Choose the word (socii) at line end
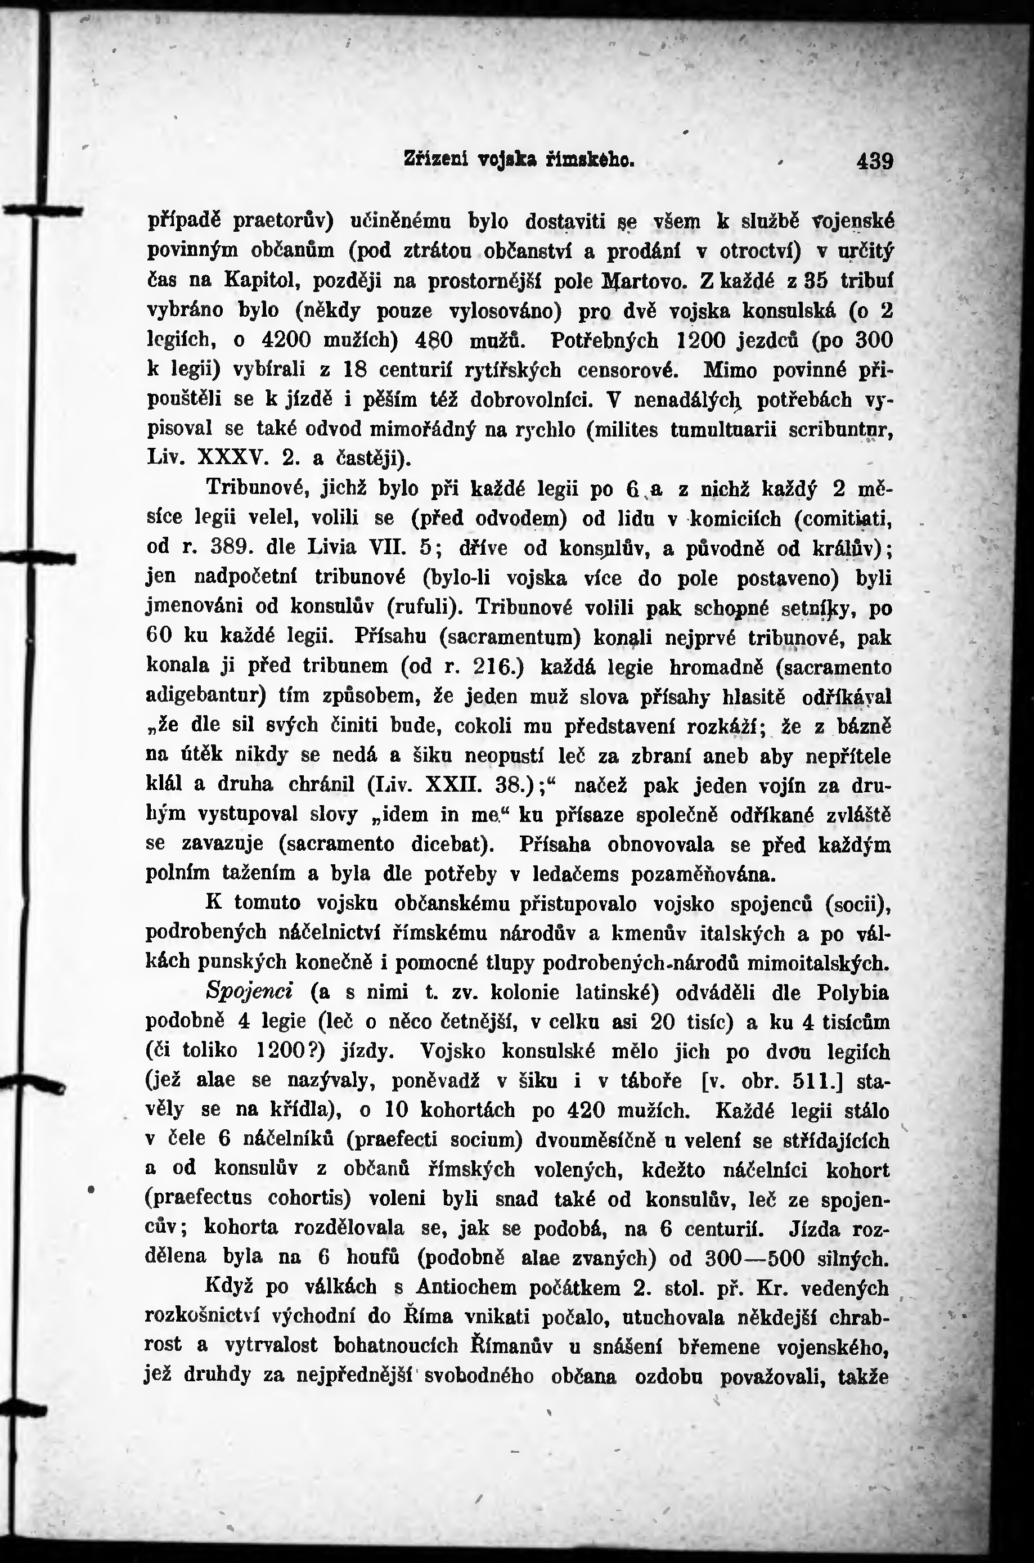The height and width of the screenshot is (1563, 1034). click(x=858, y=904)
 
